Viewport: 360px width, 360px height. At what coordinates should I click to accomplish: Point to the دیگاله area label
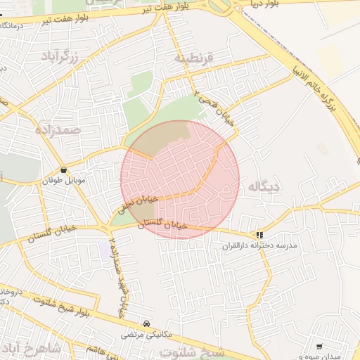point(259,186)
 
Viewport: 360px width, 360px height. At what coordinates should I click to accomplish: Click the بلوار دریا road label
point(262,4)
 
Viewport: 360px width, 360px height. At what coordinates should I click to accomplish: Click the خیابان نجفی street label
point(131,202)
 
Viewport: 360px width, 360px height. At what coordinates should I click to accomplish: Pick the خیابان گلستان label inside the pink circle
point(166,225)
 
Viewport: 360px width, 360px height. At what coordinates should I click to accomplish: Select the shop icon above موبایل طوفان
point(64,169)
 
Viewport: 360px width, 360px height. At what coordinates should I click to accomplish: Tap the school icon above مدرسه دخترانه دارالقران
point(260,235)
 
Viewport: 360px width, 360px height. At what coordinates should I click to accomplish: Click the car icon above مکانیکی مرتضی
point(146,323)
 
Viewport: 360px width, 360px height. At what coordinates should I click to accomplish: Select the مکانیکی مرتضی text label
point(146,335)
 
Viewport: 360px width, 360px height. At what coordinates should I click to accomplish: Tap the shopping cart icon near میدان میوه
point(319,347)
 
